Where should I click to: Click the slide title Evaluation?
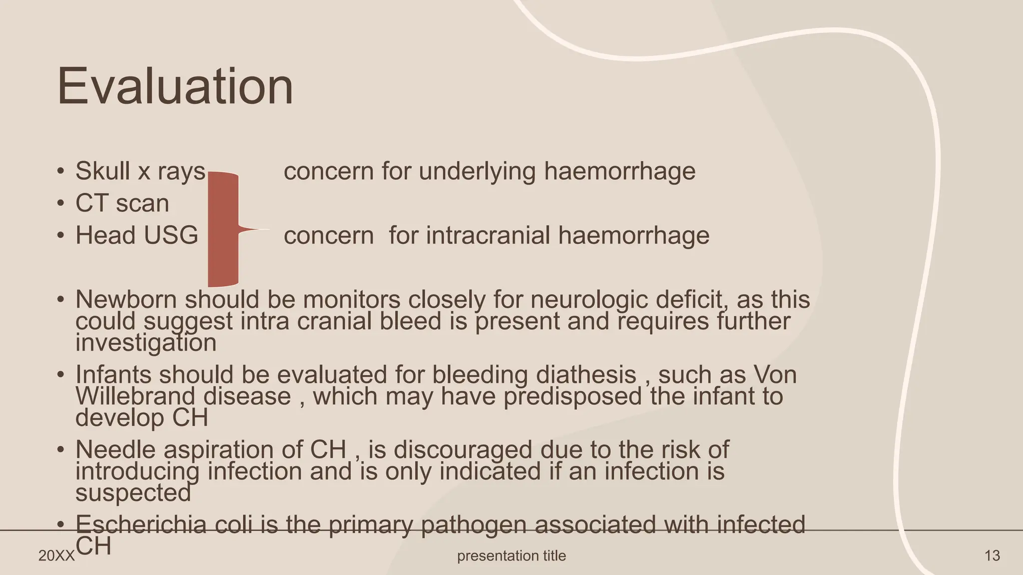[x=175, y=87]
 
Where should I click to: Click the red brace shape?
[x=223, y=230]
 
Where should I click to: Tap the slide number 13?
[x=992, y=556]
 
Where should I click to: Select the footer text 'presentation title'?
[x=511, y=556]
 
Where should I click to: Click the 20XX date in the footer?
[x=56, y=556]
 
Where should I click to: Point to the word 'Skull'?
[x=103, y=171]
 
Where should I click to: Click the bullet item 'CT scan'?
[x=122, y=203]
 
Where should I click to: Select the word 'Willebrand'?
[x=135, y=396]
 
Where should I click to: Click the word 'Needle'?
[x=116, y=449]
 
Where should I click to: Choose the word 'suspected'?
[x=133, y=493]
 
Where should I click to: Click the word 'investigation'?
[x=146, y=343]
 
